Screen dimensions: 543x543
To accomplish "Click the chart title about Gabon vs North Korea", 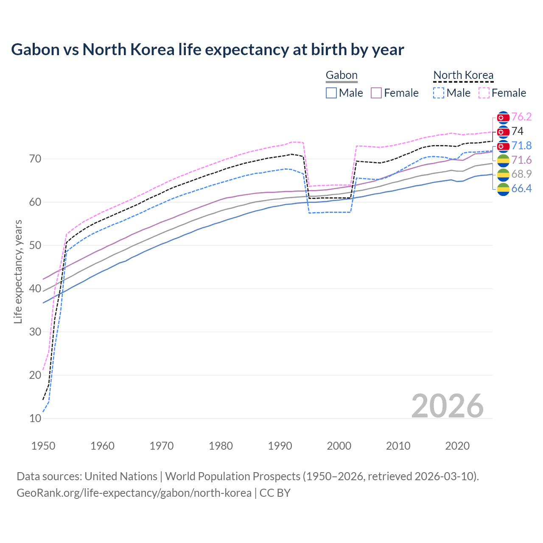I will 207,50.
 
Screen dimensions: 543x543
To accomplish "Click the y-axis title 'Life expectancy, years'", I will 18,271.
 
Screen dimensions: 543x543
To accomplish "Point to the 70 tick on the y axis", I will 35,159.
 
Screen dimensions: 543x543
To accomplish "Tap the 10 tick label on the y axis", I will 35,418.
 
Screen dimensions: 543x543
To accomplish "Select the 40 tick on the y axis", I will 35,288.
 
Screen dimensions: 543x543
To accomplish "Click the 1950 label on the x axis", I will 43,446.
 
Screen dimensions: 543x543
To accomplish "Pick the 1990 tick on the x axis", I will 280,446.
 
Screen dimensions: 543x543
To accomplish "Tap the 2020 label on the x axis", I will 457,446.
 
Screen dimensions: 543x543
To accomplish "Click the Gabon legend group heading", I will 341,76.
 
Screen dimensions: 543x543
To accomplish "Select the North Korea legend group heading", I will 463,76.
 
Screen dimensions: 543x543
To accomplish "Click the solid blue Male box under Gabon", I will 331,93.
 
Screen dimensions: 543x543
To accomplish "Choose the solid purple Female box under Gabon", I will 376,93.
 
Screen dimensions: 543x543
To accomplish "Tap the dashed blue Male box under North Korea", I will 439,93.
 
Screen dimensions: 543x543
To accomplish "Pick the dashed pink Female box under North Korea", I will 484,93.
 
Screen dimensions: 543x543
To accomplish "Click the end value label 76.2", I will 521,117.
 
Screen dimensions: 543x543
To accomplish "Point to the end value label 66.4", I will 521,189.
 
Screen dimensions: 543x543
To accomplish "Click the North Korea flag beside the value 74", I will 503,132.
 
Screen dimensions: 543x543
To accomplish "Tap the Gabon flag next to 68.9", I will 503,174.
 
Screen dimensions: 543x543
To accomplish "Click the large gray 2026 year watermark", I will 447,406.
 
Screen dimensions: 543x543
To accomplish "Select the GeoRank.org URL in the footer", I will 134,493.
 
